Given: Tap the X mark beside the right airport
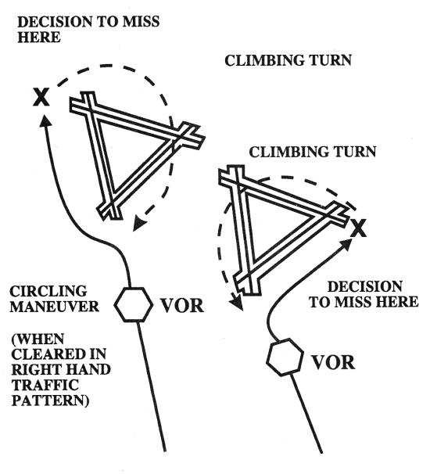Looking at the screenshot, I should [x=359, y=228].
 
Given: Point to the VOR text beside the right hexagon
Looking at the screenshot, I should [x=332, y=363].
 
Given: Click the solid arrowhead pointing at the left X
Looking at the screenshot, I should [x=47, y=120].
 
